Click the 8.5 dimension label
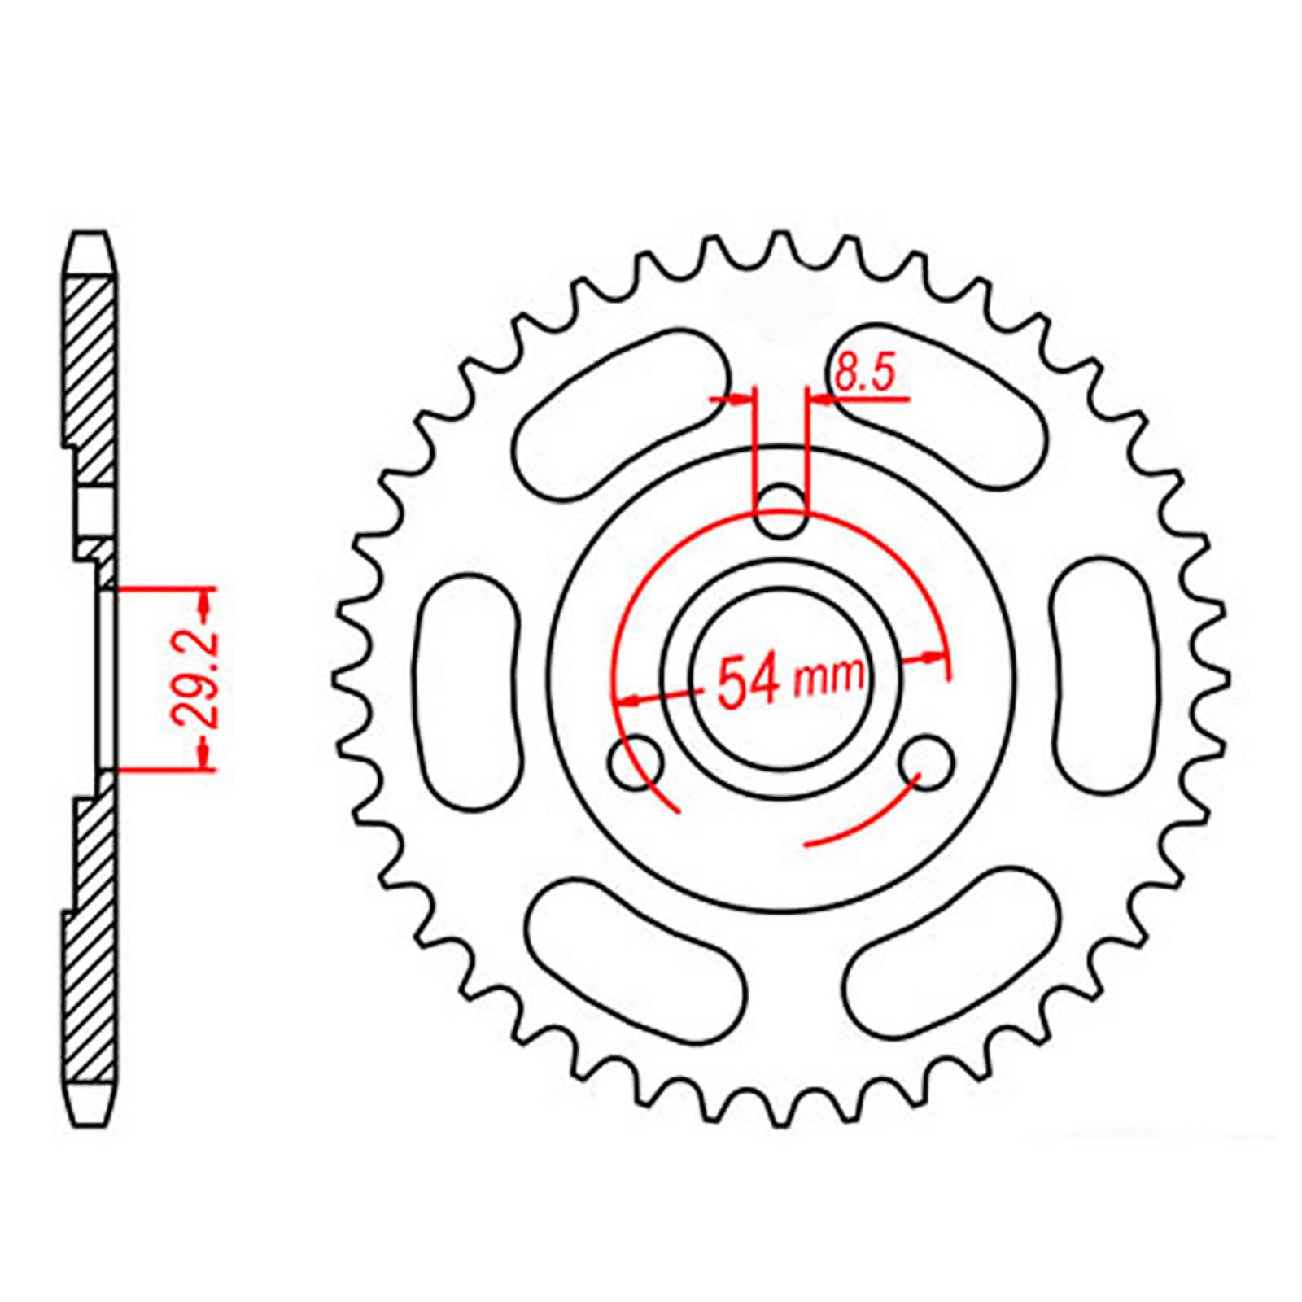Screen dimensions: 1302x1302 pos(864,375)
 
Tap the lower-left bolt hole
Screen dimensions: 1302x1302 pos(636,762)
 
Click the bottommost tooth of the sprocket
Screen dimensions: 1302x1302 pos(780,1115)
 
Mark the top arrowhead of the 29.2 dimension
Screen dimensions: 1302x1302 pos(206,603)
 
